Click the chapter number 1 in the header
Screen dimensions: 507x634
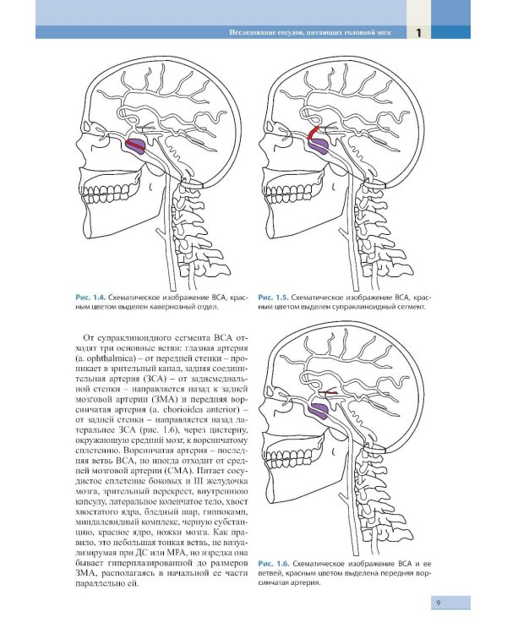click(418, 32)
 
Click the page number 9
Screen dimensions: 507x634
click(439, 603)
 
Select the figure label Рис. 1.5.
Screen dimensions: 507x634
click(273, 298)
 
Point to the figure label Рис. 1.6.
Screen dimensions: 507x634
click(274, 564)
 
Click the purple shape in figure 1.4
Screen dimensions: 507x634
click(136, 146)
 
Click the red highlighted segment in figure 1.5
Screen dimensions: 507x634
click(313, 133)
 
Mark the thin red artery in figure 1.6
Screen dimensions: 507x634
click(328, 392)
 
